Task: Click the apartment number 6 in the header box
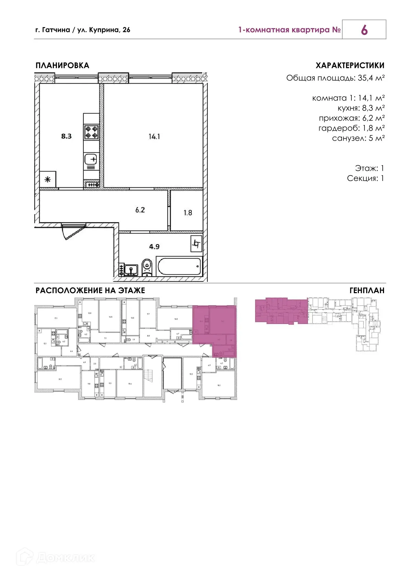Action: coord(364,30)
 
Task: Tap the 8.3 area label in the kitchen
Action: coord(66,136)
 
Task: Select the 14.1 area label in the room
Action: coord(154,136)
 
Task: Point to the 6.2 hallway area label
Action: coord(140,210)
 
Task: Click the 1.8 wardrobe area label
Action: coord(188,213)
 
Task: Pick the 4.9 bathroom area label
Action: coord(154,247)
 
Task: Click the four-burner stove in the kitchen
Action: coord(92,132)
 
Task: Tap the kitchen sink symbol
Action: coord(91,159)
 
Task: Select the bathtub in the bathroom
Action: coord(179,266)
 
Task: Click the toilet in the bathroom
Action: coord(147,267)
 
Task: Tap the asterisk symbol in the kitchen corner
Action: coord(48,179)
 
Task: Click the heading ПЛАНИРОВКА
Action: coord(62,65)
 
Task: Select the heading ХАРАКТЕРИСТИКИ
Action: coord(350,65)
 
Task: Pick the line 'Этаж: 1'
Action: coord(369,168)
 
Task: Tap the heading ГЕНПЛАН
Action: coord(367,290)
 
